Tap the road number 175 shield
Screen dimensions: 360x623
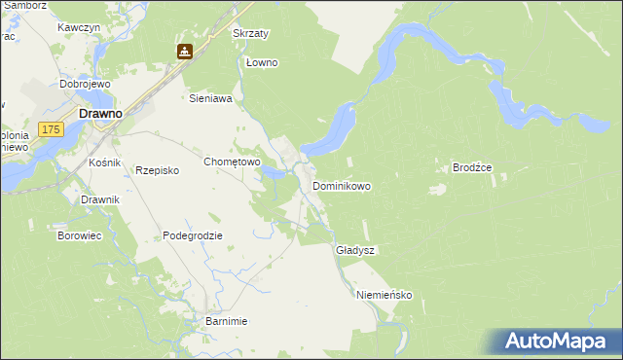[53, 128]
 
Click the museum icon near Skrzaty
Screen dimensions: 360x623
[184, 51]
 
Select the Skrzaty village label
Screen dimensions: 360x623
[250, 33]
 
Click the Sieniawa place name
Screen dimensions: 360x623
[209, 98]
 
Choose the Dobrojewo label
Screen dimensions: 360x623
[82, 84]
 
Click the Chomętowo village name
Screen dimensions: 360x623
[230, 162]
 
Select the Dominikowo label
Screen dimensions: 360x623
[341, 185]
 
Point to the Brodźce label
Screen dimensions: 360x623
[472, 167]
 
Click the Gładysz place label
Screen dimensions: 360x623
[355, 250]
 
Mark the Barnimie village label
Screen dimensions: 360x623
[227, 321]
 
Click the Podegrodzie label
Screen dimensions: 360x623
[193, 235]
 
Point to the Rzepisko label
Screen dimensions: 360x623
[158, 169]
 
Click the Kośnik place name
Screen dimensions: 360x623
[104, 162]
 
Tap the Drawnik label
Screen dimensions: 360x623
[100, 199]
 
